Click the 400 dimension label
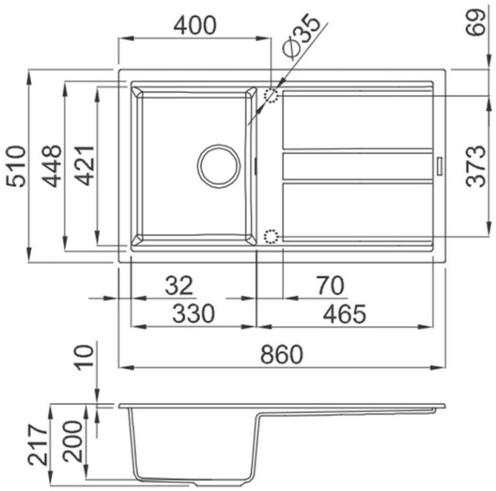click(x=195, y=26)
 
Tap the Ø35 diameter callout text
click(x=301, y=37)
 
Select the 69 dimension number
click(x=476, y=22)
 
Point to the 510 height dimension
click(x=16, y=166)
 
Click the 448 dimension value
click(x=52, y=166)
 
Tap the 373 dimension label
click(x=476, y=166)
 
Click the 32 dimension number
click(x=179, y=285)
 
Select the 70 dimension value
click(x=330, y=285)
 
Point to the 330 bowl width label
click(x=193, y=314)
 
